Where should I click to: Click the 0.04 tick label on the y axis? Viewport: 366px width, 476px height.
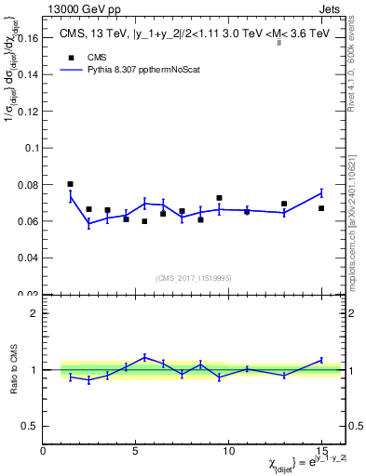point(28,258)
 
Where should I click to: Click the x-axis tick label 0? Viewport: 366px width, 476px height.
point(43,452)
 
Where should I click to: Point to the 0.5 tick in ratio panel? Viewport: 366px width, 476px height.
point(30,426)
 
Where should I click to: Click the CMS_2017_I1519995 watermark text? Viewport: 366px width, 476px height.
point(194,277)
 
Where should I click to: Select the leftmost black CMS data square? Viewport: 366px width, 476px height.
point(71,184)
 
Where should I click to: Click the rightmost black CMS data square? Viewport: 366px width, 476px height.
point(321,208)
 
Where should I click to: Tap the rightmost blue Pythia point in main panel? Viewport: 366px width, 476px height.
point(321,192)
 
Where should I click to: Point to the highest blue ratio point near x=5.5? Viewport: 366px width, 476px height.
point(144,356)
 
